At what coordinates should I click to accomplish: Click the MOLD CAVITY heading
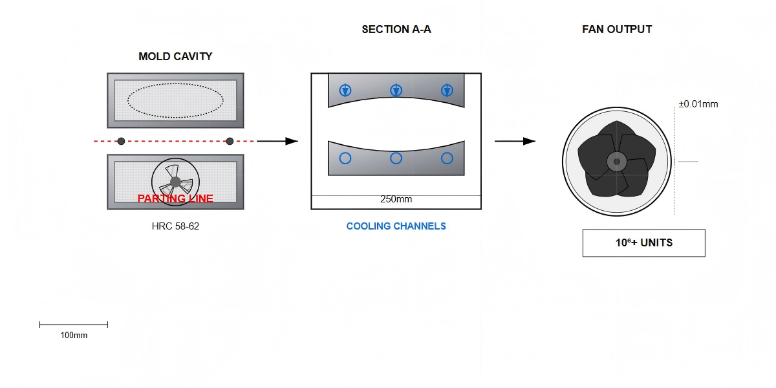click(x=175, y=56)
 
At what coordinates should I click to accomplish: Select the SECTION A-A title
click(x=396, y=29)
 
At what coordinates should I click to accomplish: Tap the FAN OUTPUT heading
click(x=617, y=29)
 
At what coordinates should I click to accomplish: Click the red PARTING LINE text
click(x=175, y=199)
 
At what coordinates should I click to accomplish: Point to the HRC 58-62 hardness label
click(x=175, y=226)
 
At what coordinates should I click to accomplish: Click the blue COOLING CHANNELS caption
click(x=396, y=226)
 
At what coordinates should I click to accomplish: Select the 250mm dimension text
click(x=396, y=199)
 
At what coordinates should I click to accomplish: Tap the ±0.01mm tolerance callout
click(x=698, y=104)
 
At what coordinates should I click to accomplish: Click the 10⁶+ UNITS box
click(x=643, y=243)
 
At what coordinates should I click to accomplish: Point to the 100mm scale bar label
click(x=74, y=336)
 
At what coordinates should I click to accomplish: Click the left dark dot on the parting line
click(x=121, y=141)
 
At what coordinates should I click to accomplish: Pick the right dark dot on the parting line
click(x=230, y=141)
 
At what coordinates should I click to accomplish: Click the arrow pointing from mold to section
click(x=278, y=141)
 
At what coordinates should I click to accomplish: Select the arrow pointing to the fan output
click(x=515, y=141)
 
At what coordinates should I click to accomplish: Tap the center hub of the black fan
click(x=616, y=161)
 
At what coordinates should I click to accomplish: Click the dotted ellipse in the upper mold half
click(x=175, y=100)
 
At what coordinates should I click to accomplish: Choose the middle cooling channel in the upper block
click(x=396, y=91)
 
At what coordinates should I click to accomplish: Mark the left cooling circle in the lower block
click(x=345, y=158)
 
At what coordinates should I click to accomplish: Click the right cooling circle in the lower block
click(x=447, y=158)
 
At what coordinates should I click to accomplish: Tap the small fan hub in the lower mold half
click(x=175, y=182)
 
